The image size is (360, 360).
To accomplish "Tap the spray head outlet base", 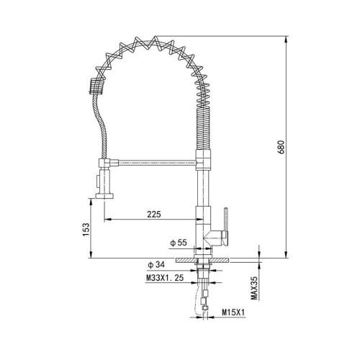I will [106, 194].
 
